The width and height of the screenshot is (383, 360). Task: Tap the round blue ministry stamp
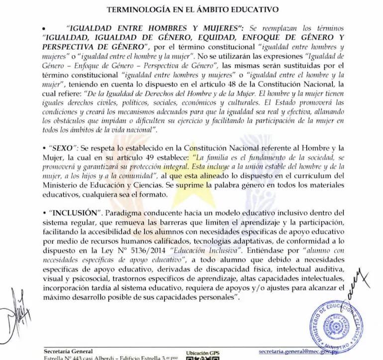[x=337, y=323]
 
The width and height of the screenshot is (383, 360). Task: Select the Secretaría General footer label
[x=68, y=351]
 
